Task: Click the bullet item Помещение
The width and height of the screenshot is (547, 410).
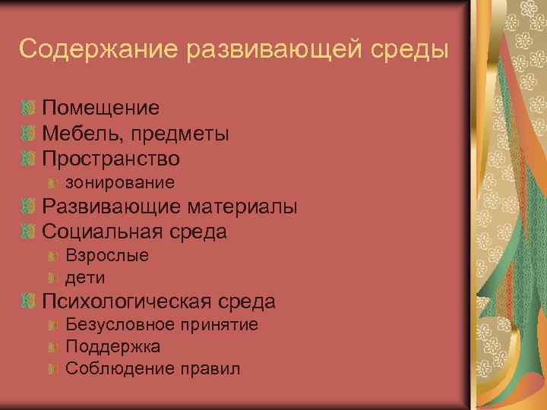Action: (100, 109)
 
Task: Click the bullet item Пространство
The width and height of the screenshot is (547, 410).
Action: (111, 159)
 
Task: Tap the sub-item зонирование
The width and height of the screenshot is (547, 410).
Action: (120, 183)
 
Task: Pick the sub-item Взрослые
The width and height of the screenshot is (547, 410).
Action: (107, 256)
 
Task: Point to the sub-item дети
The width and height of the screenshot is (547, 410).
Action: (85, 278)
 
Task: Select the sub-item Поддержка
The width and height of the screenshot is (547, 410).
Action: (112, 347)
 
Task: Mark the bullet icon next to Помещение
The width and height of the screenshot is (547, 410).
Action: (29, 109)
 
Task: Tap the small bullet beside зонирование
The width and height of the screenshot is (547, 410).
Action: (53, 183)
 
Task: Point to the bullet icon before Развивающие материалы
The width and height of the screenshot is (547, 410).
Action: (29, 207)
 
